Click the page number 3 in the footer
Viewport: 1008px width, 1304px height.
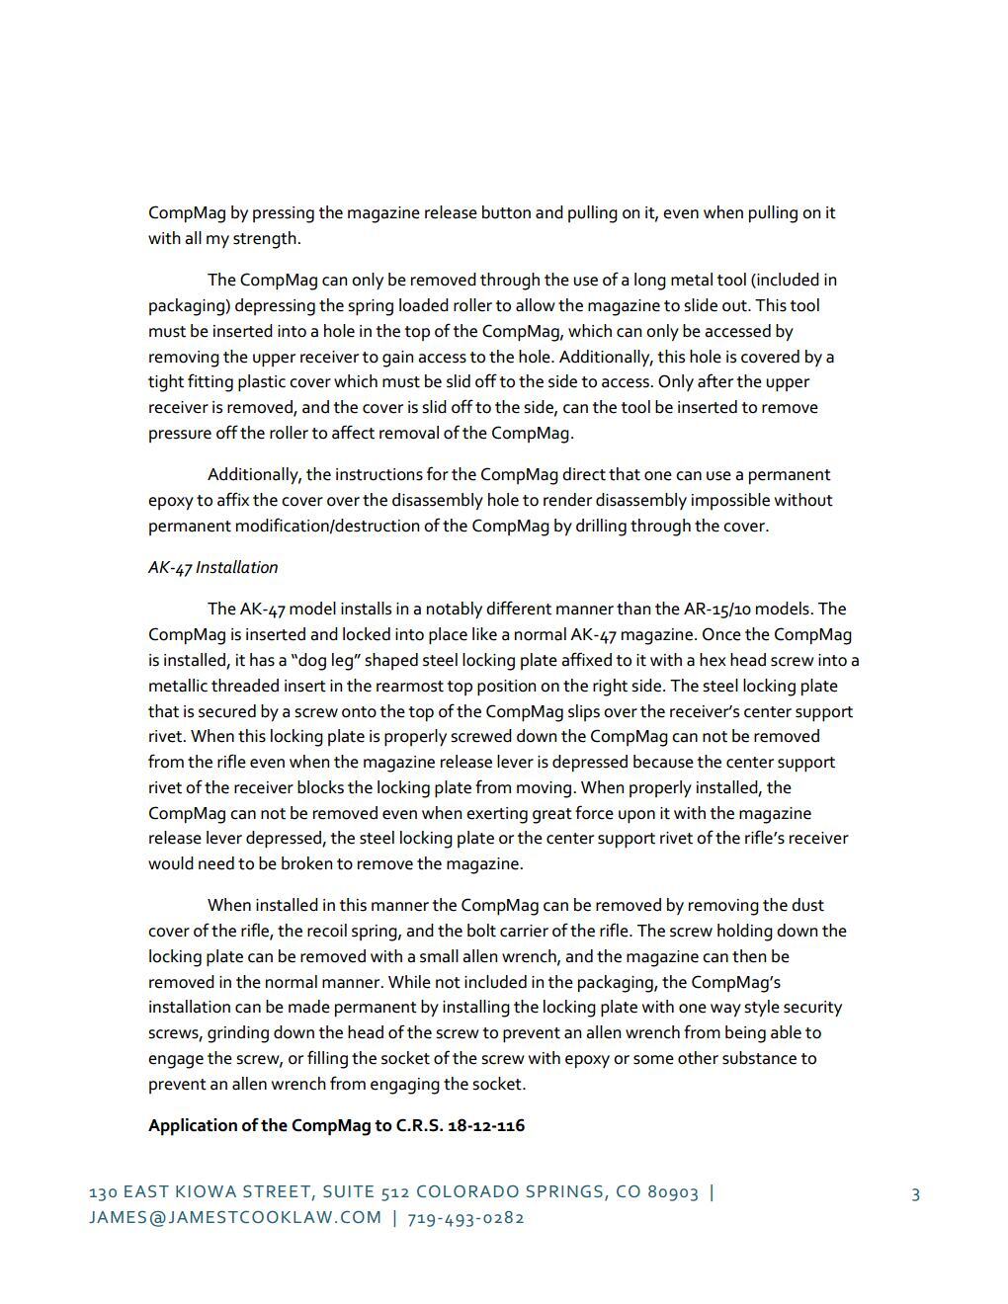click(x=915, y=1194)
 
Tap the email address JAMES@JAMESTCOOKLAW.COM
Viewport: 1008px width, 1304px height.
click(x=235, y=1218)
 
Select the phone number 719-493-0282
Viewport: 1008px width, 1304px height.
click(x=465, y=1218)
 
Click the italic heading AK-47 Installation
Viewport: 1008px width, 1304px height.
click(x=212, y=568)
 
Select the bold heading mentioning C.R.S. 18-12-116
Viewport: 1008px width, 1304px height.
click(x=336, y=1125)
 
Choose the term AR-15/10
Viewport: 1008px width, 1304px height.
click(x=723, y=610)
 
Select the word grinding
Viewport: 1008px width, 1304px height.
click(x=237, y=1033)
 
